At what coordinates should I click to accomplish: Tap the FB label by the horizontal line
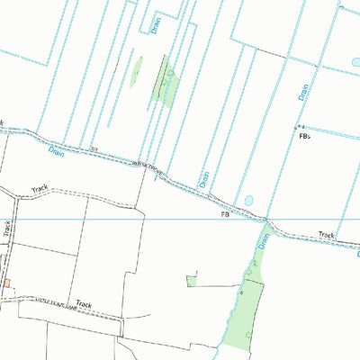(224, 216)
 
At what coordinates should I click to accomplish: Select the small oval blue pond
(249, 200)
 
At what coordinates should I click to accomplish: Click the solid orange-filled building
(6, 283)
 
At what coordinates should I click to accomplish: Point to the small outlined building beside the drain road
(94, 148)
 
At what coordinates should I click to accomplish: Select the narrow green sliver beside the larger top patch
(137, 71)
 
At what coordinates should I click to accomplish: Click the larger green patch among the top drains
(166, 83)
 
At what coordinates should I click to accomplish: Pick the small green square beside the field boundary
(191, 281)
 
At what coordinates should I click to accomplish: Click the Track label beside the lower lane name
(84, 304)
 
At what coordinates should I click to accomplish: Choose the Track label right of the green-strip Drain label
(326, 236)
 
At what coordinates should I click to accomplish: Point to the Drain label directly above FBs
(303, 87)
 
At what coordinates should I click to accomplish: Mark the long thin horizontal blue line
(180, 219)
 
